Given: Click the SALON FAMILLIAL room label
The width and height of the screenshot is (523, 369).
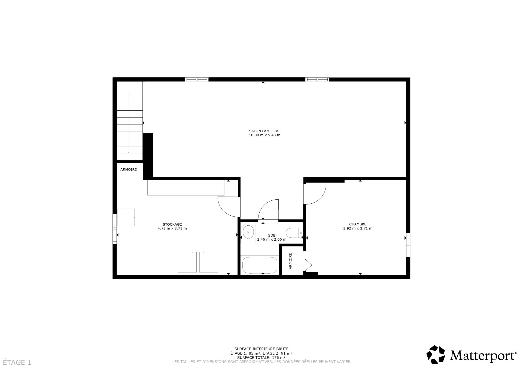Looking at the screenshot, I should [x=264, y=131].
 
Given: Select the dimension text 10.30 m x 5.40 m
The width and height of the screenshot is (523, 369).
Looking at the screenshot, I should [x=264, y=135].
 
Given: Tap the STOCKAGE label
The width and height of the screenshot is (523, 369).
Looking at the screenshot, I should [x=172, y=224].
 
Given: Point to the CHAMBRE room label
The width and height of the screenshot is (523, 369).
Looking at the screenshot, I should [x=358, y=224].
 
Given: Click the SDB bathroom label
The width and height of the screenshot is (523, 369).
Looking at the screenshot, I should [x=272, y=235].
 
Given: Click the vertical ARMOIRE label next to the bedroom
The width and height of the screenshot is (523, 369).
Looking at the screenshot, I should [x=290, y=261].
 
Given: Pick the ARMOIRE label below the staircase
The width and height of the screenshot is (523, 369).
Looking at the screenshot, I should [x=129, y=170].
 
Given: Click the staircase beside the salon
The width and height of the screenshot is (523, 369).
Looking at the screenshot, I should [x=130, y=131].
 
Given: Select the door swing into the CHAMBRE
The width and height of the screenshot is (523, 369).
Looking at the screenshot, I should [x=316, y=194].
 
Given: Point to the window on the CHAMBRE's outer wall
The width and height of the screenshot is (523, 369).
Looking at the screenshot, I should [x=408, y=244].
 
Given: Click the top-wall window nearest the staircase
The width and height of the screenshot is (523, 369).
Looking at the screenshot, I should [x=196, y=80].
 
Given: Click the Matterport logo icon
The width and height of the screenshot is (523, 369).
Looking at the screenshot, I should [x=436, y=354].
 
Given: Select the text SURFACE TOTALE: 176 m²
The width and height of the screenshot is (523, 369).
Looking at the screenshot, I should [x=261, y=358].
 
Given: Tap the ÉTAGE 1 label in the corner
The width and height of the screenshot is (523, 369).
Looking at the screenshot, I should [x=17, y=362].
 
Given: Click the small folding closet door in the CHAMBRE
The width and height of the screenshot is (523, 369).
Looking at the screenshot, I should [x=308, y=265].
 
